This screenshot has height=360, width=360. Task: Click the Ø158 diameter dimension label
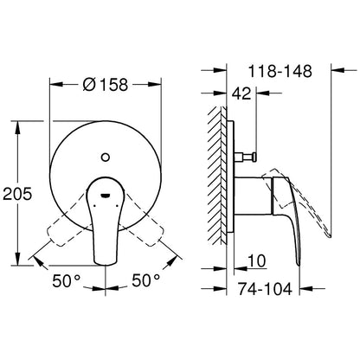click(x=106, y=85)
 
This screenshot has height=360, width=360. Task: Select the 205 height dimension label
click(x=17, y=194)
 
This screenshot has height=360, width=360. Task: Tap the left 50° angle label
click(x=66, y=280)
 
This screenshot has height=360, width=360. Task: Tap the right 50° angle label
click(x=145, y=280)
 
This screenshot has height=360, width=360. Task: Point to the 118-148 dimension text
click(x=280, y=71)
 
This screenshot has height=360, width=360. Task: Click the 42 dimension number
click(x=241, y=93)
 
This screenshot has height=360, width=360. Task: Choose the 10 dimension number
click(x=257, y=261)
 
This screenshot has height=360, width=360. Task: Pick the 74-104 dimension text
click(x=265, y=289)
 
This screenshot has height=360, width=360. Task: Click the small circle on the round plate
click(x=106, y=157)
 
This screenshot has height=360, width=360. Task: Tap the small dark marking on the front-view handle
click(x=106, y=196)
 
